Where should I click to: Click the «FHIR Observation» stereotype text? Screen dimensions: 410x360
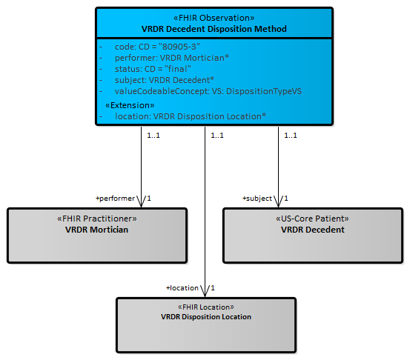(214, 18)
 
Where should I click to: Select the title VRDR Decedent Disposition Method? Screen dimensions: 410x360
(214, 29)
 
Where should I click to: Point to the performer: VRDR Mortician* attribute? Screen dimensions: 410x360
(172, 58)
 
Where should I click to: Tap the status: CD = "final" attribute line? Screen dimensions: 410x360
(153, 69)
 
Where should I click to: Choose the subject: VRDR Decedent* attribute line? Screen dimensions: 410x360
(164, 80)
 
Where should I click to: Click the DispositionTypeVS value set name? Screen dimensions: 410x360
(264, 91)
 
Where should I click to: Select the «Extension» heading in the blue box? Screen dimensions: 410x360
(130, 105)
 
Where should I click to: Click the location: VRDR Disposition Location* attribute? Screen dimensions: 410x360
(191, 116)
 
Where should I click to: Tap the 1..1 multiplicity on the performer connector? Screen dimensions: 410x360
(153, 136)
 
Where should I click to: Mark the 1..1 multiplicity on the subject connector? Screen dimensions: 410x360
(291, 136)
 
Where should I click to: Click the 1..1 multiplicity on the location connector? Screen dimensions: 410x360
(217, 136)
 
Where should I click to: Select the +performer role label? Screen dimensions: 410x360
(115, 199)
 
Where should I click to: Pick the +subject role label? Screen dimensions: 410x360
(257, 199)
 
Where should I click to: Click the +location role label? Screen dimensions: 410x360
(182, 288)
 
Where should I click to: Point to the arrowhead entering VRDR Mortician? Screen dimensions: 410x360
(141, 201)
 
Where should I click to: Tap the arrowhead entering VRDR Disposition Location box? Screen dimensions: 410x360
(205, 291)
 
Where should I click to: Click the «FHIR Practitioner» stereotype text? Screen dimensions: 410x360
(96, 219)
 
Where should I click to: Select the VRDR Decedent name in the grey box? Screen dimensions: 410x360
(312, 230)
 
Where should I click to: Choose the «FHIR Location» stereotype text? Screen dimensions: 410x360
(206, 307)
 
